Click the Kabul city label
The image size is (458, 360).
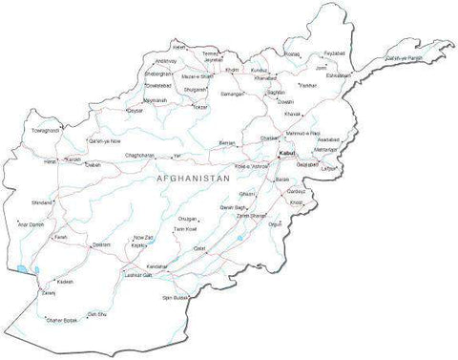coord(287,153)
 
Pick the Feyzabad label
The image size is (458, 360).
coord(334,53)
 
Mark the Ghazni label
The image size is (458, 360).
coord(247,194)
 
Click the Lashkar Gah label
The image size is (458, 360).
coord(139,274)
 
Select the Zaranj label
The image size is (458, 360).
coord(48,293)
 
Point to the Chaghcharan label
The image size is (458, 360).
coord(139,155)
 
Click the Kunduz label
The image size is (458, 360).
coord(259,70)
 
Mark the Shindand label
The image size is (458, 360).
coord(42,202)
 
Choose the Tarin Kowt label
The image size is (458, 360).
coord(172,230)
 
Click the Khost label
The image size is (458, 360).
coord(297,202)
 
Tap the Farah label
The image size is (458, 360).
coord(60,237)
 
